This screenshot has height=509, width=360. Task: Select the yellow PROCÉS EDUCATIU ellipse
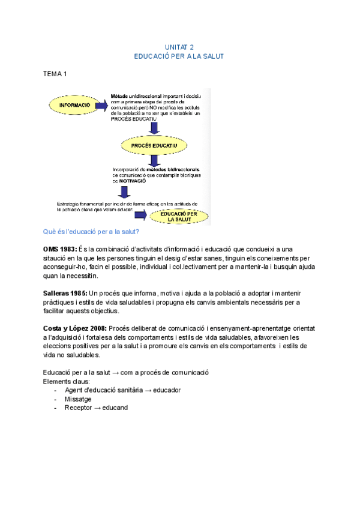[x=154, y=145]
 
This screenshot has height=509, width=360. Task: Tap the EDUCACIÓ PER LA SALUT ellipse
[x=180, y=216]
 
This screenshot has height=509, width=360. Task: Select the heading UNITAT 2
[x=179, y=47]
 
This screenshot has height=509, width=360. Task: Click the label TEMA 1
[x=55, y=74]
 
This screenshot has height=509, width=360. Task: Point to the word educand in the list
[x=115, y=408]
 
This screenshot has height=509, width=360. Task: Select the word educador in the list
[x=167, y=390]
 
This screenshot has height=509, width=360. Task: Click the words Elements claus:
[x=66, y=381]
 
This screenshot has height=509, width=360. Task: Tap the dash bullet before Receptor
[x=55, y=408]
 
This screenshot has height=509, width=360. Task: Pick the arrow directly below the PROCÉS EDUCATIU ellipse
[x=155, y=160]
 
